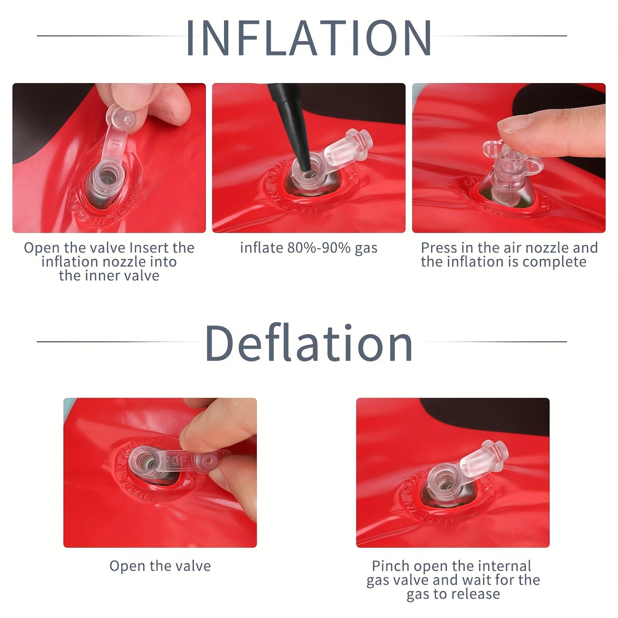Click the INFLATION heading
pos(309,37)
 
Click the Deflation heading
pos(309,343)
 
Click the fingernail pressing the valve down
pos(513,126)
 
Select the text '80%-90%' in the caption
pos(319,248)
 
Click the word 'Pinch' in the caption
pos(390,566)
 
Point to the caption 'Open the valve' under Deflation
pos(160,566)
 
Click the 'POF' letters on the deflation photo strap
pos(176,460)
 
